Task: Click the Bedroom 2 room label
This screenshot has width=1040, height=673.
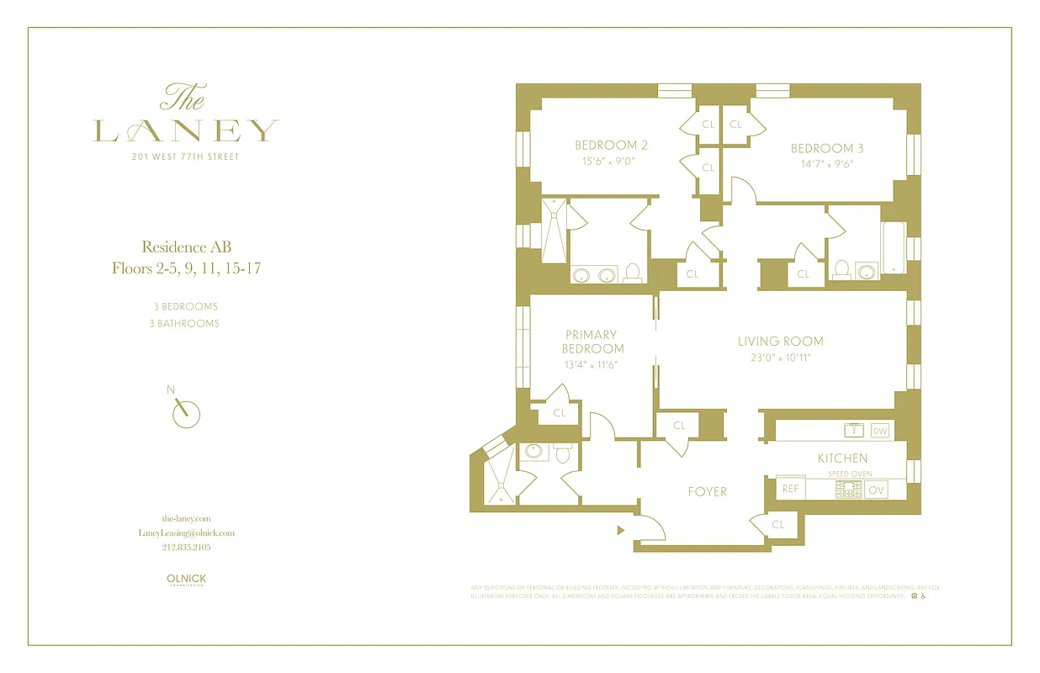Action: [611, 145]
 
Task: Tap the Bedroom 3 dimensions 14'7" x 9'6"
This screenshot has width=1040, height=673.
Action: [827, 164]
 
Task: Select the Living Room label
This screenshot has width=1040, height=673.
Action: [780, 342]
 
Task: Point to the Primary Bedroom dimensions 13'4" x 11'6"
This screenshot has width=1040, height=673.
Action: [591, 365]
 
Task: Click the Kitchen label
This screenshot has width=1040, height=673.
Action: [842, 458]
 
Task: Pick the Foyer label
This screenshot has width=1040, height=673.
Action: [707, 491]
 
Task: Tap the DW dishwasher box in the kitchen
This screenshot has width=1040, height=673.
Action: [880, 431]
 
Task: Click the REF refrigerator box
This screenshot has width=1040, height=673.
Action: [790, 489]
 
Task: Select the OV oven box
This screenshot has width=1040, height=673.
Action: [876, 490]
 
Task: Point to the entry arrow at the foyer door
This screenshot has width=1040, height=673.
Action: [621, 530]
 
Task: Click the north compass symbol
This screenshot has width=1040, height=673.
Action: [186, 412]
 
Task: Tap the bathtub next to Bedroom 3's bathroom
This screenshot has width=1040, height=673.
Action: [892, 247]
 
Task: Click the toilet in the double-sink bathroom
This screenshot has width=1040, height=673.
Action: [634, 273]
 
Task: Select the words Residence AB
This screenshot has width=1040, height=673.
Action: [186, 246]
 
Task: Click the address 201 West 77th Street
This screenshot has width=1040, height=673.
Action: [186, 156]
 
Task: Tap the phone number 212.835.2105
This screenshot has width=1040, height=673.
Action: [186, 547]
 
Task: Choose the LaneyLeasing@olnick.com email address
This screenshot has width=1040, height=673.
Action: [186, 533]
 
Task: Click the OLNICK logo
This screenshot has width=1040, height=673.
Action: [186, 579]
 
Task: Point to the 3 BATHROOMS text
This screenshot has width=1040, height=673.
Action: [186, 323]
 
